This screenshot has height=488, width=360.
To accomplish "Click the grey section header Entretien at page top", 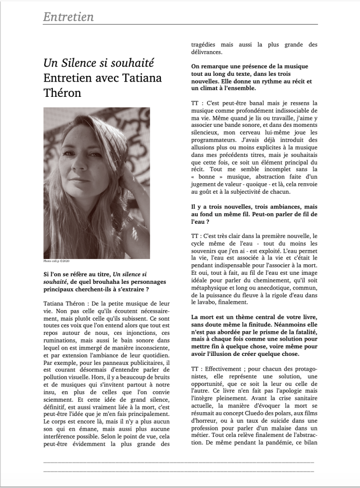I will pyautogui.click(x=68, y=17).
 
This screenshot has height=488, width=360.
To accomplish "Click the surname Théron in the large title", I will pyautogui.click(x=62, y=93).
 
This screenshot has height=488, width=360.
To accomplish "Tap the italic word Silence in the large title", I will pyautogui.click(x=85, y=62).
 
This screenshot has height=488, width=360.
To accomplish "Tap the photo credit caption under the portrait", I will pyautogui.click(x=56, y=261).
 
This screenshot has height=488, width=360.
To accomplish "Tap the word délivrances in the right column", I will pyautogui.click(x=206, y=52).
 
